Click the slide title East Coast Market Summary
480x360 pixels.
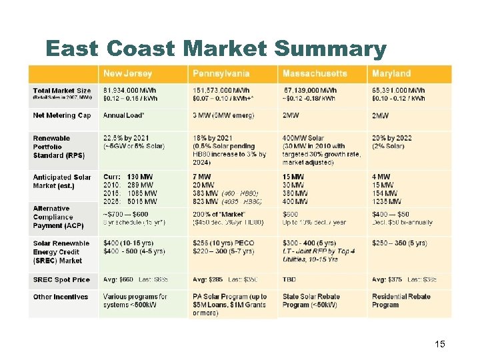pyautogui.click(x=215, y=49)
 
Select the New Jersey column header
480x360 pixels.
pyautogui.click(x=127, y=73)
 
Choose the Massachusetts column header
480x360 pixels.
pyautogui.click(x=315, y=73)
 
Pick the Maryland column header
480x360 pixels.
pyautogui.click(x=391, y=73)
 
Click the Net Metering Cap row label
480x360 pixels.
pyautogui.click(x=62, y=115)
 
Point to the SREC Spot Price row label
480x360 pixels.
pyautogui.click(x=61, y=279)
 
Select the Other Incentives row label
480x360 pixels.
pyautogui.click(x=61, y=297)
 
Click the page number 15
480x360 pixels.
pyautogui.click(x=439, y=344)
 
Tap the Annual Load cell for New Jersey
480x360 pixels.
pyautogui.click(x=124, y=115)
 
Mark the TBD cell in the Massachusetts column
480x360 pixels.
pyautogui.click(x=291, y=279)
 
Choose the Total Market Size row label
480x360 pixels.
pyautogui.click(x=62, y=93)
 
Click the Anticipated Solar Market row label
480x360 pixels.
pyautogui.click(x=62, y=181)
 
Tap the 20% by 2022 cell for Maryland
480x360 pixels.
pyautogui.click(x=392, y=142)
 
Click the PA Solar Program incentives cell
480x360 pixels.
pyautogui.click(x=229, y=305)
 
